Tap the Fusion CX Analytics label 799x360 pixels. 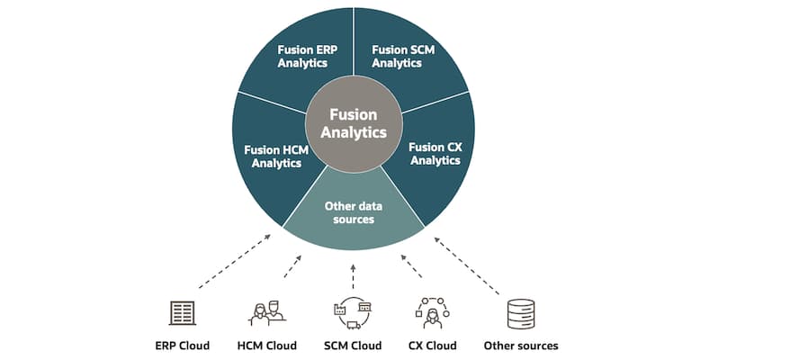tap(435, 153)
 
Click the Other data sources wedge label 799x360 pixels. tap(353, 212)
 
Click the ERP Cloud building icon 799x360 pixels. tap(183, 312)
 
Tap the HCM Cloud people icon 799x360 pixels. tap(266, 311)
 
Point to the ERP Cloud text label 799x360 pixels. tap(182, 346)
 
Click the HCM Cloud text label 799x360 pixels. tap(266, 346)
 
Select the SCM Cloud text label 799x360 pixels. tap(353, 346)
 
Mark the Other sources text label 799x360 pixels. tap(521, 346)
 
